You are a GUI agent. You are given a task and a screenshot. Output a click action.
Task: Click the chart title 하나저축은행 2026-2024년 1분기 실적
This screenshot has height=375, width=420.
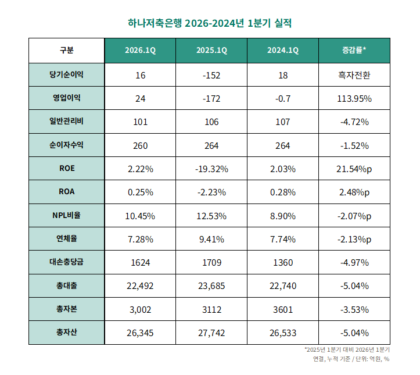209,23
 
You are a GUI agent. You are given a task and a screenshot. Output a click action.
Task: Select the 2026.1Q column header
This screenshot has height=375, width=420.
140,51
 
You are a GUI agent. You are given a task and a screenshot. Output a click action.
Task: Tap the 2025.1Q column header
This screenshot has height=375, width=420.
211,51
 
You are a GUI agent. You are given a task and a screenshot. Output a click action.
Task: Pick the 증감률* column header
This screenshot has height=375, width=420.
354,51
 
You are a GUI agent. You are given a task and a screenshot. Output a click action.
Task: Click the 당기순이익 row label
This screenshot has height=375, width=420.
66,74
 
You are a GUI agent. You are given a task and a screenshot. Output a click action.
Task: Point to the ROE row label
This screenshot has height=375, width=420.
66,169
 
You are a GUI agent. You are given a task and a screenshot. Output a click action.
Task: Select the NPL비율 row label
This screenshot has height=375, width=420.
66,215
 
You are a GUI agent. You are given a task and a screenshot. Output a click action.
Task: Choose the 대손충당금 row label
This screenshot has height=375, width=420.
66,262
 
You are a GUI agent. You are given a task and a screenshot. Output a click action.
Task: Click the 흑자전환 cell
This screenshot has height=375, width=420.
354,75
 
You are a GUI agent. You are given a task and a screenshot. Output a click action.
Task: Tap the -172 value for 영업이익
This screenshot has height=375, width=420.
211,98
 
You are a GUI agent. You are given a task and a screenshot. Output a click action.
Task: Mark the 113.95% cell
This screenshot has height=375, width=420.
354,98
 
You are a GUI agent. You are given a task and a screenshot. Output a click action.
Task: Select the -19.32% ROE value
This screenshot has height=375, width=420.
211,169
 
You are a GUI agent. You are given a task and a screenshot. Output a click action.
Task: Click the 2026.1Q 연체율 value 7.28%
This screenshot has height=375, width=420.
140,239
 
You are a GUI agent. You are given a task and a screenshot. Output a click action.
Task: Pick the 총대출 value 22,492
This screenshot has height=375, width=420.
140,285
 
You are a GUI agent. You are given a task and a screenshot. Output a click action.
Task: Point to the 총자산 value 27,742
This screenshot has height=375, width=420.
211,333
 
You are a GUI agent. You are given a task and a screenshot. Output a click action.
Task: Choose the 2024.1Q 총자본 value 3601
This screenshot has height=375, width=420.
282,309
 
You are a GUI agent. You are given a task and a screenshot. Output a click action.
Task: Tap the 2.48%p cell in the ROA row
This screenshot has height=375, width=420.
354,192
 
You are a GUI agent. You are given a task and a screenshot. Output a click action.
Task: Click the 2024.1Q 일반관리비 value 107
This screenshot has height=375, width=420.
282,122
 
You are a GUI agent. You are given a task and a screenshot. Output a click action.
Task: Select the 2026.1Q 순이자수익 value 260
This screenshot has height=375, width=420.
140,145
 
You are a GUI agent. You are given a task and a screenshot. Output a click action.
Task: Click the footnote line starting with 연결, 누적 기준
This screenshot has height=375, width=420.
351,359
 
